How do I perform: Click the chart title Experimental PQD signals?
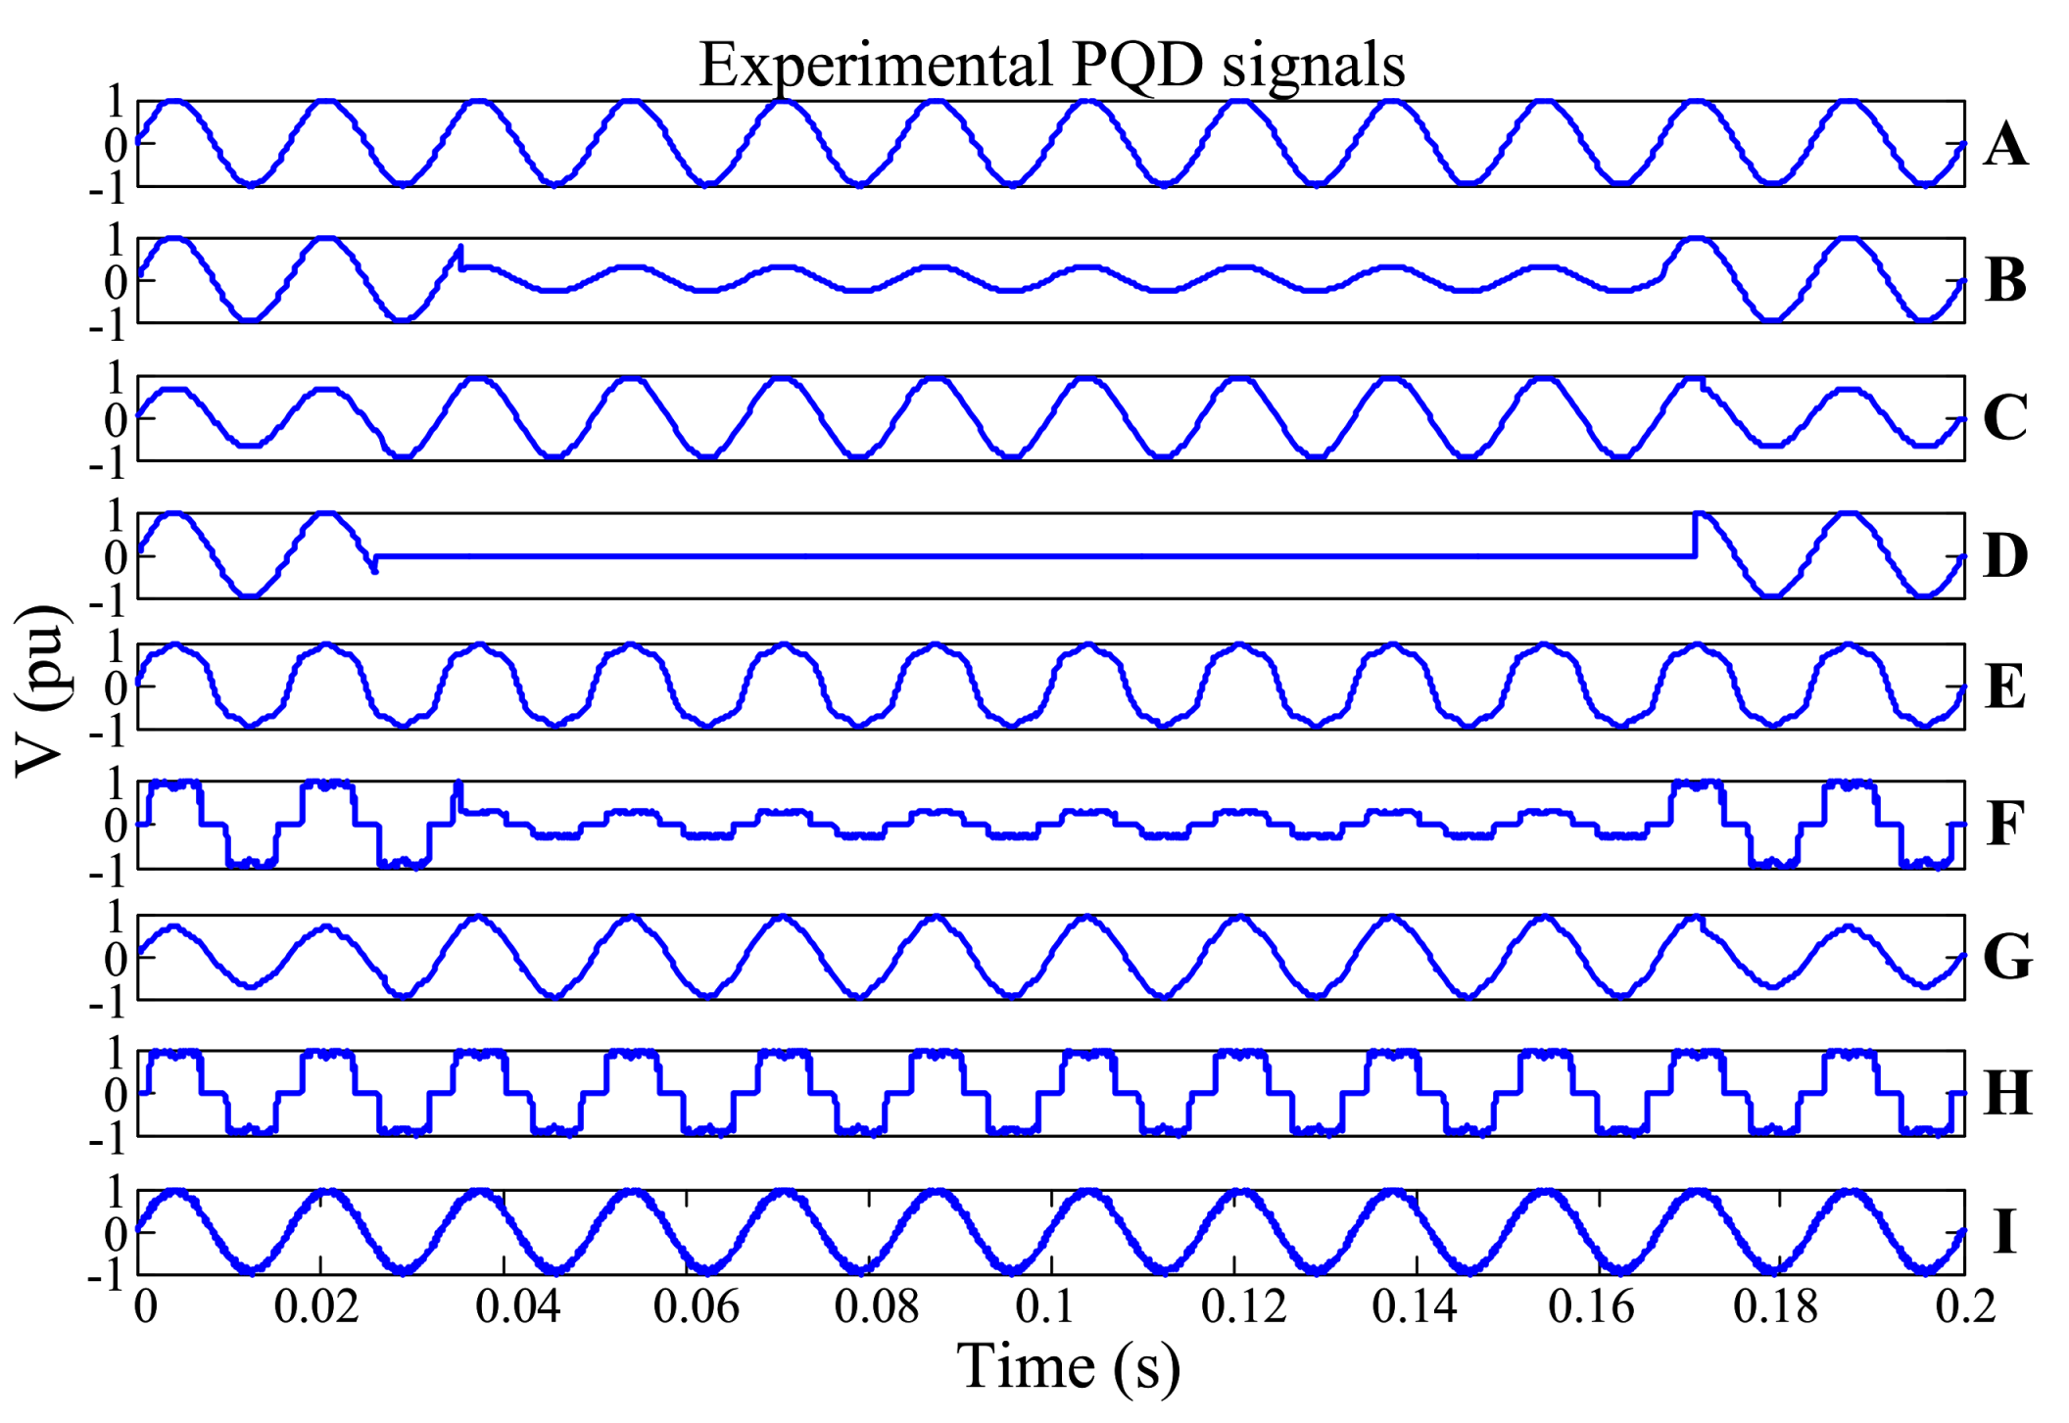[1051, 65]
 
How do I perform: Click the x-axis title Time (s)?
[1068, 1365]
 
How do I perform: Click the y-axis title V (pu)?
[41, 690]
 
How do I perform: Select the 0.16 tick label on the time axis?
[1591, 1306]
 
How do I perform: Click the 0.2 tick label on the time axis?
[1964, 1306]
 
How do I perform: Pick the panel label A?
[2004, 145]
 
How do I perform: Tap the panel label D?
[2004, 556]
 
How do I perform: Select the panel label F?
[2004, 824]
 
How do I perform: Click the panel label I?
[2004, 1232]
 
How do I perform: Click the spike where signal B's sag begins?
[460, 251]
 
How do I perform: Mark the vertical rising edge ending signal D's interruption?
[1695, 534]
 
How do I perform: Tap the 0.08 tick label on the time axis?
[876, 1306]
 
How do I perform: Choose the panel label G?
[2006, 957]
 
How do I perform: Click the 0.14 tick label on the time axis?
[1414, 1306]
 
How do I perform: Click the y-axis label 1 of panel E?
[116, 647]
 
